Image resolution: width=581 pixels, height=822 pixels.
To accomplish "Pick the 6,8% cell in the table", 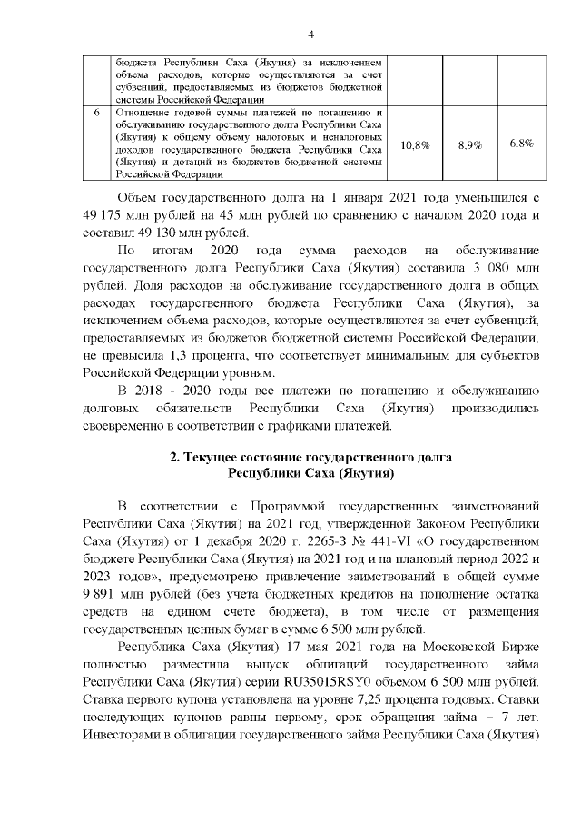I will (521, 144).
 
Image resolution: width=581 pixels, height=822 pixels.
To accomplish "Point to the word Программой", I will (284, 504).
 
